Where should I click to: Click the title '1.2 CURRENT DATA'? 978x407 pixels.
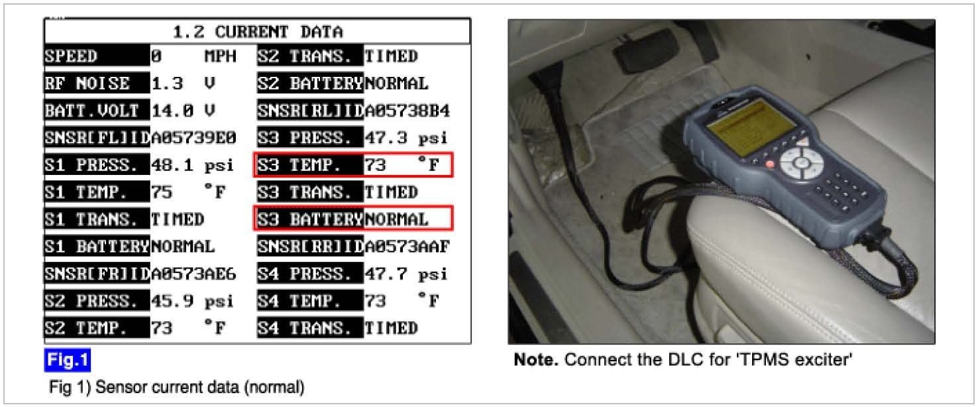click(x=257, y=31)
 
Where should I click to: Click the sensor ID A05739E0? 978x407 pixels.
click(x=193, y=138)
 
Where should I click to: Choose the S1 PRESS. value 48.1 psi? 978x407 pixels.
click(x=193, y=165)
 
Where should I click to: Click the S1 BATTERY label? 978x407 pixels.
click(x=97, y=247)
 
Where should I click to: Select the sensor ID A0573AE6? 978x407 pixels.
click(x=193, y=274)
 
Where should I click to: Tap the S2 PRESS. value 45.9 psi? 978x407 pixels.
click(x=193, y=301)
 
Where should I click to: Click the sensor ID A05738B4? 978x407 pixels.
click(x=407, y=111)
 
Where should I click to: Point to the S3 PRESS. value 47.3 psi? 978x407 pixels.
click(x=406, y=138)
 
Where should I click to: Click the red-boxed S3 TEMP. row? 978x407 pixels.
click(x=353, y=165)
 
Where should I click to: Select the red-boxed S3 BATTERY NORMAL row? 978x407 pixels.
click(x=353, y=219)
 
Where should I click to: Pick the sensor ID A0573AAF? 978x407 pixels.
click(x=407, y=247)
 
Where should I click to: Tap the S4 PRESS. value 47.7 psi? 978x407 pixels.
click(x=406, y=274)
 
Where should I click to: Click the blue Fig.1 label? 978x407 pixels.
click(x=67, y=361)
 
